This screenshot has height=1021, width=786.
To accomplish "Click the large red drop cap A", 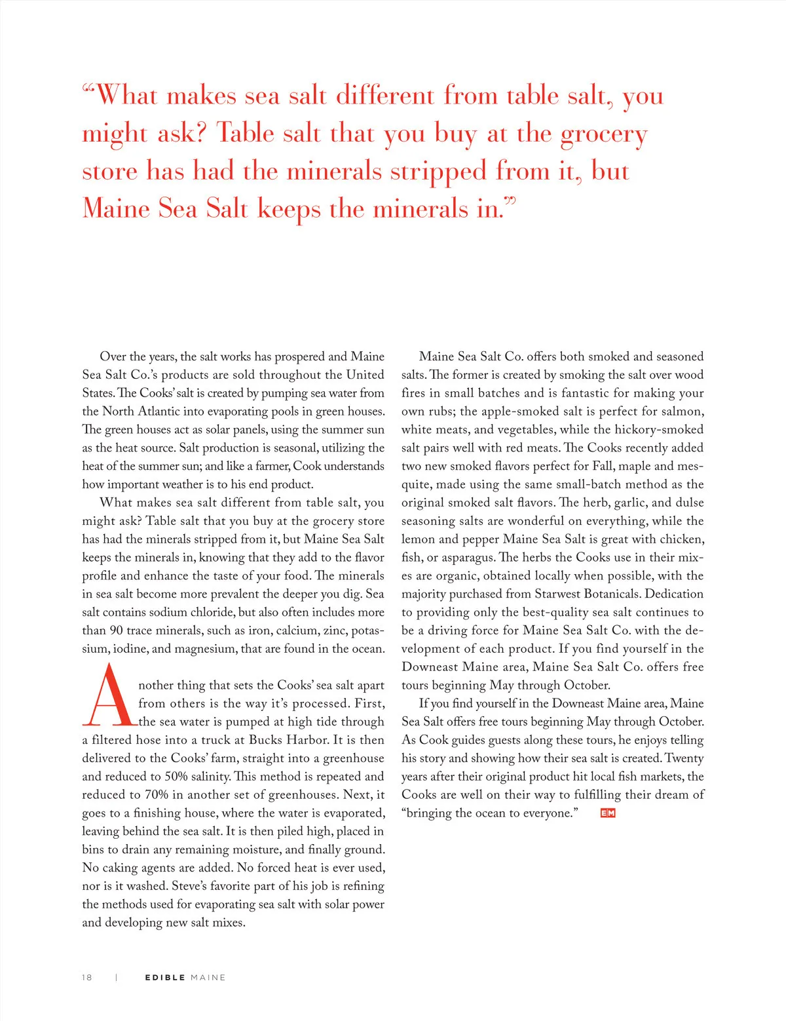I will point(107,696).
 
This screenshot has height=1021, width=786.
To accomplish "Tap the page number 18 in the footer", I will point(87,977).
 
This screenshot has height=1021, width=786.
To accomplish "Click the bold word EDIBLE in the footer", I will point(165,977).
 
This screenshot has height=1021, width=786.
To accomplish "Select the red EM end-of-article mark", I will point(608,813).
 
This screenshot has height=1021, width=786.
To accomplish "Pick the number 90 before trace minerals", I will point(116,630).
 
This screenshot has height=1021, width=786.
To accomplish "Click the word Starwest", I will point(559,594).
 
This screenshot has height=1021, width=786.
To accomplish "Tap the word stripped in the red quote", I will point(438,172).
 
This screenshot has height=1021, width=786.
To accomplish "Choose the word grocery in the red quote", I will point(604,134).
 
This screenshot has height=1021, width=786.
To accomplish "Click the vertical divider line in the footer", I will point(116,977).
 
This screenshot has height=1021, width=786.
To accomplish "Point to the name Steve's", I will point(189,886).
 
